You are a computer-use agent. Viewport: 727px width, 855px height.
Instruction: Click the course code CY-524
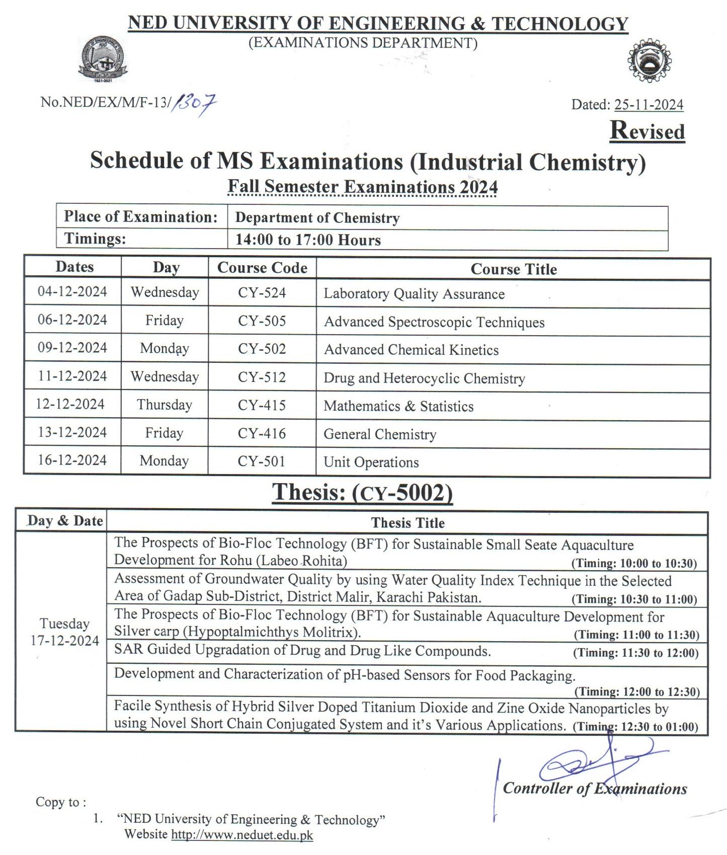pos(262,293)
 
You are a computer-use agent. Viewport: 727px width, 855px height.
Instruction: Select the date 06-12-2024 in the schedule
pos(72,320)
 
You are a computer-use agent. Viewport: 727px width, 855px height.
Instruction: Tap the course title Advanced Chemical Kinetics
pos(411,350)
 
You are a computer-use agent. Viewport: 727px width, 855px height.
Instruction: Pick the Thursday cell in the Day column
pos(165,405)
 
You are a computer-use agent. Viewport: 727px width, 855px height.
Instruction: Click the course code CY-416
pos(262,433)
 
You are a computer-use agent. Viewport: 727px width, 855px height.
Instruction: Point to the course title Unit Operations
pos(371,462)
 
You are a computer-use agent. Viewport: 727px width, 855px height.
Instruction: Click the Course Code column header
pos(262,268)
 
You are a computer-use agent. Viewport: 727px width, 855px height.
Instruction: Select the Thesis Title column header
pos(408,523)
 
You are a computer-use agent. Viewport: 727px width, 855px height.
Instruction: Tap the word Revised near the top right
pos(647,131)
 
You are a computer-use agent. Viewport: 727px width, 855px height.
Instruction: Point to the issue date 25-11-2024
pos(649,105)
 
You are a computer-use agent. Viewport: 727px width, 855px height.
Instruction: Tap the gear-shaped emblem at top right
pos(650,60)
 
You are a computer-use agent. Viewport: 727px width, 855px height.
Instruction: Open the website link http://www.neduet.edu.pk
pos(242,835)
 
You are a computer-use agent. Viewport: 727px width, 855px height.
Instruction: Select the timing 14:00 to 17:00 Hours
pos(308,240)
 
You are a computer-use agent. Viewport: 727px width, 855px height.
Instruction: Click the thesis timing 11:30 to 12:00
pos(636,653)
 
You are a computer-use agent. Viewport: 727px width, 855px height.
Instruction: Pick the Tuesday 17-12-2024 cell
pos(64,632)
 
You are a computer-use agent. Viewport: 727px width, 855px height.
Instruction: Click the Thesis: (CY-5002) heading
pos(362,493)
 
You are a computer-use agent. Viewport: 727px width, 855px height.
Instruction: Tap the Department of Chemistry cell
pos(317,218)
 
